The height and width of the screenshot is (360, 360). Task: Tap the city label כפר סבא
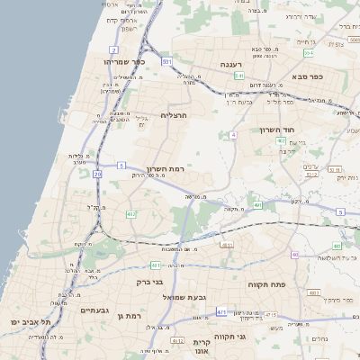click(x=307, y=76)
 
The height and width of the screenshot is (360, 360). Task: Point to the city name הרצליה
click(x=175, y=115)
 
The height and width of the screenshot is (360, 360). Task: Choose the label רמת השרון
click(x=164, y=169)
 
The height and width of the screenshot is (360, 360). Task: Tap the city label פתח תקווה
click(x=266, y=283)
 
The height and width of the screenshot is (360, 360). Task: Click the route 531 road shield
click(x=167, y=61)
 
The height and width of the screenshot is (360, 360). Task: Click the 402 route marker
click(x=130, y=213)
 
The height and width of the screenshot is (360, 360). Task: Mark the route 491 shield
click(x=256, y=205)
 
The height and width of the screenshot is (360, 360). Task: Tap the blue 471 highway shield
click(x=221, y=312)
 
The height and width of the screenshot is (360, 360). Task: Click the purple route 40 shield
click(x=232, y=135)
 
